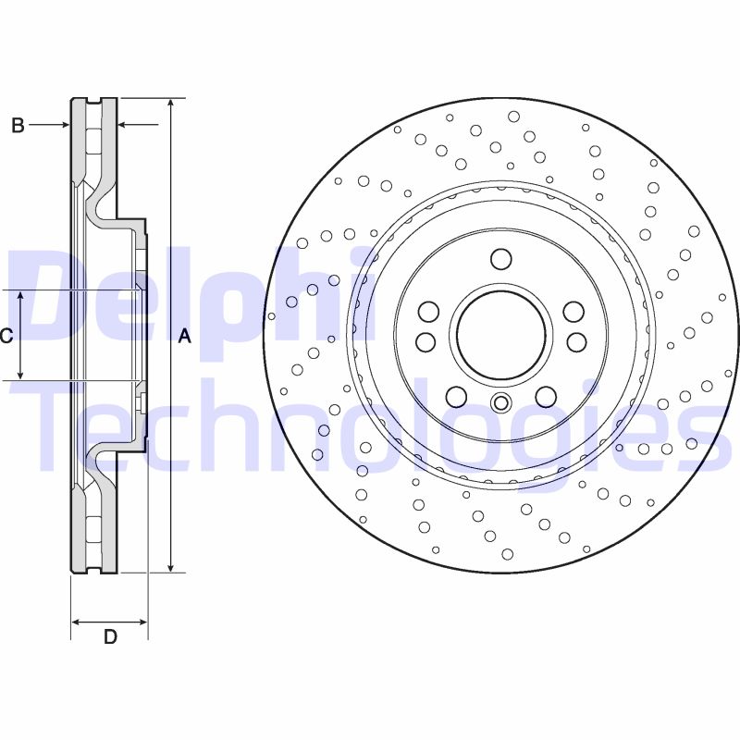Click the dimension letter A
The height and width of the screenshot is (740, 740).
184,337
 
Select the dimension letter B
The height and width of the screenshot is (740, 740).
18,126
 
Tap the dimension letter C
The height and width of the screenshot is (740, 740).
6,336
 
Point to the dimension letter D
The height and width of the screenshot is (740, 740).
110,636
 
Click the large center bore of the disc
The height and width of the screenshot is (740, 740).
500,335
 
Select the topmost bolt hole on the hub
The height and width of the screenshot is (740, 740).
500,258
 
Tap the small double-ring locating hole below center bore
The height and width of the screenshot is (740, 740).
500,402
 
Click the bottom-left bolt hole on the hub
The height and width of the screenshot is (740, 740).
455,397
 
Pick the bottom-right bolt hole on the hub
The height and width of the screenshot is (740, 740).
546,397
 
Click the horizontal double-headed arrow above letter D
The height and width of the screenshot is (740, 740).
109,621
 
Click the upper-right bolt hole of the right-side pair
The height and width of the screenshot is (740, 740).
574,311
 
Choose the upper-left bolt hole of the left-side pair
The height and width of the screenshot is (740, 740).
427,311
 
